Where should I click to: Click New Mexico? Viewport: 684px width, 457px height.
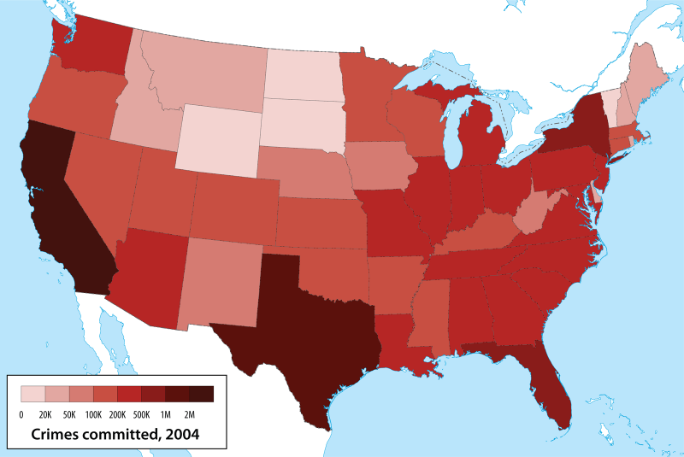click(x=220, y=283)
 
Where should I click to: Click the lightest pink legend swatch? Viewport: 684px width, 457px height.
click(x=32, y=394)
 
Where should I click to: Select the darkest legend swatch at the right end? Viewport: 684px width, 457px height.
click(x=201, y=394)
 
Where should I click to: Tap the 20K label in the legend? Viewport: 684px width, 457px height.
click(x=45, y=413)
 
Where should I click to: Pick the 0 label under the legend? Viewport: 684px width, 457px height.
click(x=21, y=413)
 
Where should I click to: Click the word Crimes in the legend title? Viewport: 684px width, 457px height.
click(x=56, y=434)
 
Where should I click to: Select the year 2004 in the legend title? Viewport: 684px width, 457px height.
click(x=181, y=434)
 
